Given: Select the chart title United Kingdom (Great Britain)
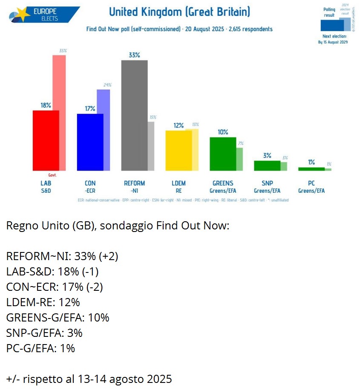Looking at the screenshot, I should coord(179,12).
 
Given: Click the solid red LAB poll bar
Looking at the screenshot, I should coord(46,141).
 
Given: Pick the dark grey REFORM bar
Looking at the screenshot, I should coord(134,115).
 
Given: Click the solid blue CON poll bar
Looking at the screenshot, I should coord(90,142).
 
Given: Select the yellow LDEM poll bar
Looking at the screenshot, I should coord(179,151).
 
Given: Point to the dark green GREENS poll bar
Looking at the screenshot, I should coord(223,154).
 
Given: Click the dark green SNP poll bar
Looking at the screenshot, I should coord(267,165).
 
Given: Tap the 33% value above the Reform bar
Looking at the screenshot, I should coord(134,55).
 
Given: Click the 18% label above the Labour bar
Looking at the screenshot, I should coord(46,105).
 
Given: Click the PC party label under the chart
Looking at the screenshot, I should coord(311,183).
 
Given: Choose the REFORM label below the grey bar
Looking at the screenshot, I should coord(134,183).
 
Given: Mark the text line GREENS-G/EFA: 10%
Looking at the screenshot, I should coord(58,318).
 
